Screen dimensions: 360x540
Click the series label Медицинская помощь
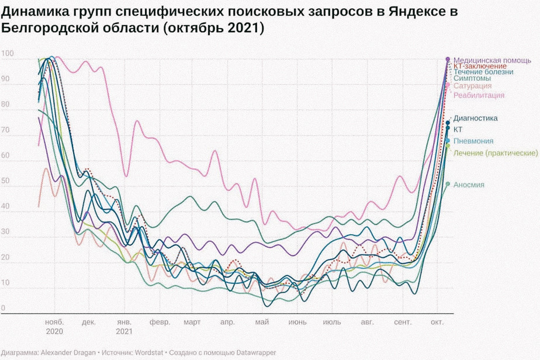click(x=492, y=60)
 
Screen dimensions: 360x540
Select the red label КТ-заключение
click(x=480, y=66)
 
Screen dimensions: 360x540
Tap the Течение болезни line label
click(x=483, y=72)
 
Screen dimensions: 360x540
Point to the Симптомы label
click(x=472, y=78)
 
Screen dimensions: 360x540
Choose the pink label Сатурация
click(x=472, y=86)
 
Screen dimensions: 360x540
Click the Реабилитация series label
click(x=479, y=95)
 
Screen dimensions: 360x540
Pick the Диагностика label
click(x=475, y=118)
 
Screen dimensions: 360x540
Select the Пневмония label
click(x=473, y=141)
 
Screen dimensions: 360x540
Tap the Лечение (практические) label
click(x=496, y=153)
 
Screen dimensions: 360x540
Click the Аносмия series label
click(x=469, y=185)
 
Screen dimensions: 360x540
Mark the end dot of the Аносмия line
click(x=448, y=184)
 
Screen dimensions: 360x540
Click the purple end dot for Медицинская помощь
click(x=448, y=59)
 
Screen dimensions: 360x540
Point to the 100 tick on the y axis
click(x=7, y=54)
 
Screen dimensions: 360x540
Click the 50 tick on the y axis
click(x=5, y=181)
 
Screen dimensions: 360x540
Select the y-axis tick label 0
click(x=3, y=308)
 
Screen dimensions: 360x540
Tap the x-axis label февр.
click(x=160, y=322)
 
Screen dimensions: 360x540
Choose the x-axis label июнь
click(x=297, y=322)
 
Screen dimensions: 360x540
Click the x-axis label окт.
click(x=437, y=322)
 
